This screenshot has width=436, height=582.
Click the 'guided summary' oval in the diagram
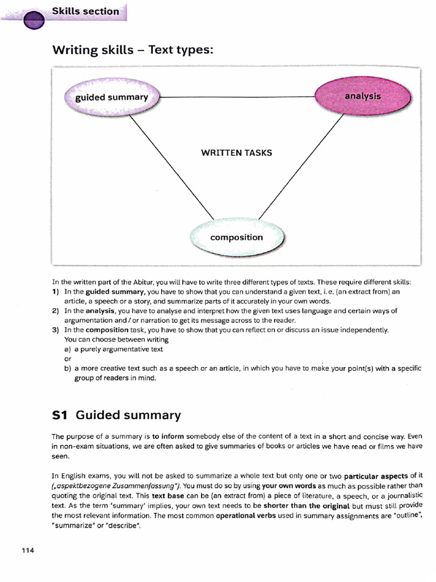click(x=112, y=97)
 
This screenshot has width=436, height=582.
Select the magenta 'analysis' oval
click(x=362, y=96)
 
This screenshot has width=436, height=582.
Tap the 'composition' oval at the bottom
click(x=236, y=238)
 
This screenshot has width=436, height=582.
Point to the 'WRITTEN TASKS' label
click(x=236, y=153)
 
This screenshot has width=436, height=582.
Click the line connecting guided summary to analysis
click(x=238, y=97)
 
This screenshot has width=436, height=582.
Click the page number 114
click(x=28, y=551)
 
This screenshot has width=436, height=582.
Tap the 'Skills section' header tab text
click(x=85, y=11)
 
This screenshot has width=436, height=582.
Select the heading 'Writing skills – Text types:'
click(x=133, y=50)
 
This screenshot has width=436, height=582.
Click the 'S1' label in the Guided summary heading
click(x=60, y=415)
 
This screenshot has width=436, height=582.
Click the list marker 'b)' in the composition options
click(x=68, y=368)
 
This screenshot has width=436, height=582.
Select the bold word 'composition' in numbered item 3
click(x=107, y=330)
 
